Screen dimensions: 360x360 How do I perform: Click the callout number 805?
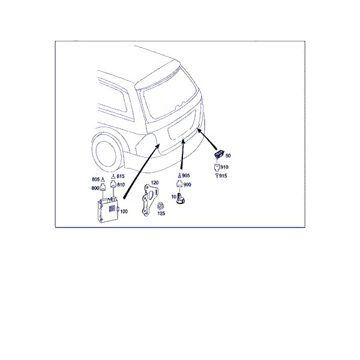[x=95, y=179]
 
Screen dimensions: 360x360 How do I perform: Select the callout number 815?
[x=121, y=176]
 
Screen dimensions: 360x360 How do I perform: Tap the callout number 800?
[x=95, y=188]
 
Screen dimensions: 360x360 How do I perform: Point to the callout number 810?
[x=121, y=185]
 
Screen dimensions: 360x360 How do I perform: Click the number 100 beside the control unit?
[x=124, y=211]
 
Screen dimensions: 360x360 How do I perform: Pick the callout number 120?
[x=155, y=183]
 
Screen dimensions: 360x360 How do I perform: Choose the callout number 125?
[x=161, y=213]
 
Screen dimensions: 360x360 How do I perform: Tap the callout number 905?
[x=186, y=176]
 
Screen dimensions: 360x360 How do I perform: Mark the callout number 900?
[x=187, y=185]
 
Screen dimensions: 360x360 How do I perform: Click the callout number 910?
[x=224, y=167]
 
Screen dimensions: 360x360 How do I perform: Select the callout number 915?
[x=223, y=176]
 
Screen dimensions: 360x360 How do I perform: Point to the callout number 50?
[x=228, y=155]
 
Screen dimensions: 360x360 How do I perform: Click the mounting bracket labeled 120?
[x=148, y=200]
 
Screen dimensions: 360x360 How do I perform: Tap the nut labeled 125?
[x=160, y=206]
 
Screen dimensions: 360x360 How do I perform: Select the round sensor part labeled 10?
[x=181, y=199]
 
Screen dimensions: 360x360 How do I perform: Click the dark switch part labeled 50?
[x=218, y=154]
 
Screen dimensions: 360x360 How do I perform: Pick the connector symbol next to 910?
[x=217, y=167]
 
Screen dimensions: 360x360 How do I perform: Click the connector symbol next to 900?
[x=179, y=184]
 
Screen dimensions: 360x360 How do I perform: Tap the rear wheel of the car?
[x=106, y=152]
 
